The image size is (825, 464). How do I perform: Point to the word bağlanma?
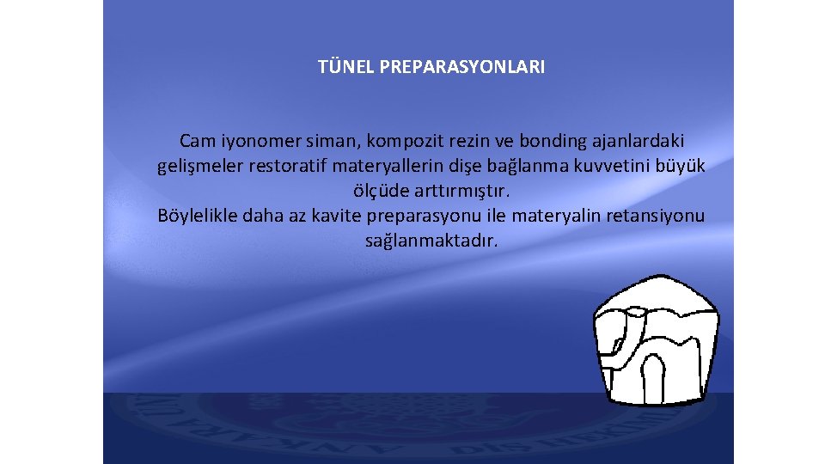point(516,166)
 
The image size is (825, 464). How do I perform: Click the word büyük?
point(681,166)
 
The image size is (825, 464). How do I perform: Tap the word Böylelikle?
point(199,216)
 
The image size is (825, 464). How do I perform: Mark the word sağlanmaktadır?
point(431,241)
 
